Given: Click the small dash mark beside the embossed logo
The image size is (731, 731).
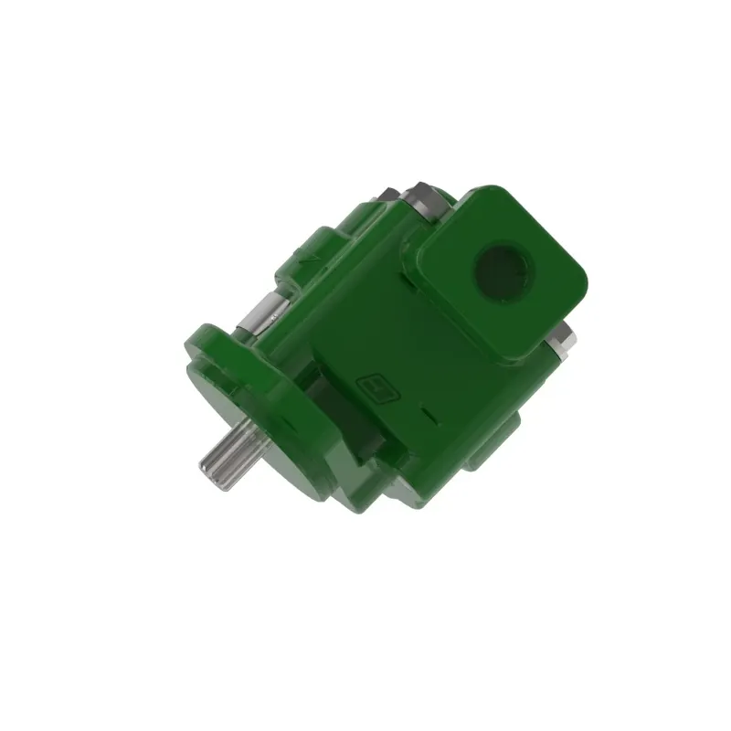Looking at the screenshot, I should (429, 417).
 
